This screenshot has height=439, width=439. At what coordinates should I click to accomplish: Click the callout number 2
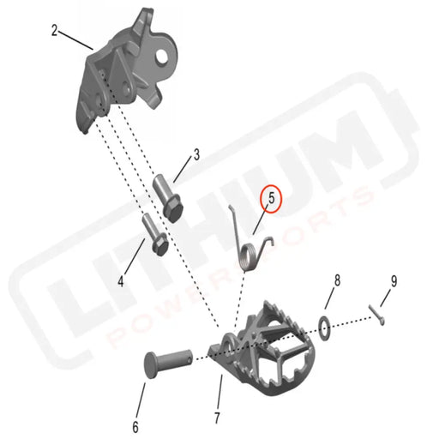click(55, 31)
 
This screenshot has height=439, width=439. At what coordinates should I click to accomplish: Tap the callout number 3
click(196, 155)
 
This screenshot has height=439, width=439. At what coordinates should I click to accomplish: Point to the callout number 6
click(135, 401)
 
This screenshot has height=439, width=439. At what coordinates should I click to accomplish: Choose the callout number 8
click(337, 280)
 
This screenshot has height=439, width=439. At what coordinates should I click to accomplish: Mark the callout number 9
click(394, 280)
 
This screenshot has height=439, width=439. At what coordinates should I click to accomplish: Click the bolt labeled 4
click(155, 235)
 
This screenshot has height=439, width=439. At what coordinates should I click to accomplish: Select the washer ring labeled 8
click(325, 325)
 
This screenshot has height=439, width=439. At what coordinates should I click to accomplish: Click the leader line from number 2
click(75, 39)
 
